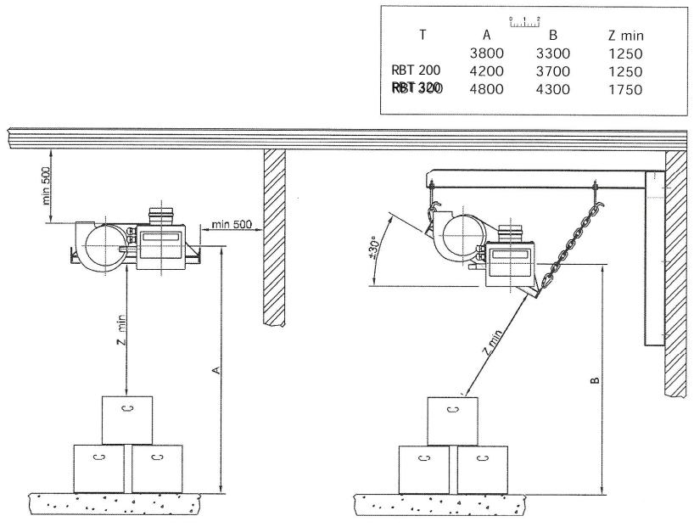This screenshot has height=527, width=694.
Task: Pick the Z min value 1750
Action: point(626,88)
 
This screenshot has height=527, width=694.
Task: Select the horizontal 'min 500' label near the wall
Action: point(232,225)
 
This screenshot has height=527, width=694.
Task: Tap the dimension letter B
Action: point(594,379)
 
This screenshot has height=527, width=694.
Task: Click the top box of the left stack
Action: point(127,419)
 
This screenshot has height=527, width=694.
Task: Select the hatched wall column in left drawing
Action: point(273,238)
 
